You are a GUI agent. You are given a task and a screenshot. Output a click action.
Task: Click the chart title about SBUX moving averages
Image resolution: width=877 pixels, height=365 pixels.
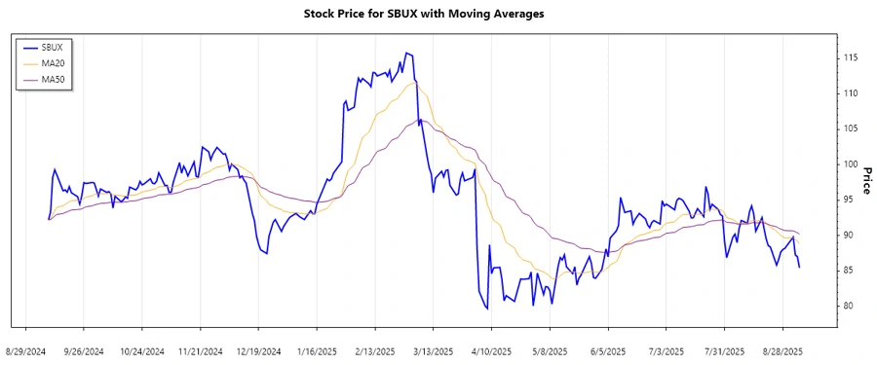[438, 14]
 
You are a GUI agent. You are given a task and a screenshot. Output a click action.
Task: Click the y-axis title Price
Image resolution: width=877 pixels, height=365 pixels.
[865, 179]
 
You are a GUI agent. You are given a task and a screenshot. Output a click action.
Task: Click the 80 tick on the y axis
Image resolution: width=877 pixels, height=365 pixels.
[849, 306]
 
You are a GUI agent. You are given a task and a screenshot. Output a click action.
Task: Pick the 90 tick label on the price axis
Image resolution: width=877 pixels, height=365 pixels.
[849, 236]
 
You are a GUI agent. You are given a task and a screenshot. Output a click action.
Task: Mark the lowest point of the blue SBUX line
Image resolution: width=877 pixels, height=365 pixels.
[486, 310]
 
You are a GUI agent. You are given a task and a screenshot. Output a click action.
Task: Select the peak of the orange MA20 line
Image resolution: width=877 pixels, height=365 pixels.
[414, 83]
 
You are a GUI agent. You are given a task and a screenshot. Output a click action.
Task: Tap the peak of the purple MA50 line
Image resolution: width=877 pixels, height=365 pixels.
[420, 120]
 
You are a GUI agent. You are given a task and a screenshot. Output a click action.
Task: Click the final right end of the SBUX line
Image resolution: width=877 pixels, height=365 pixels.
[800, 267]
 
